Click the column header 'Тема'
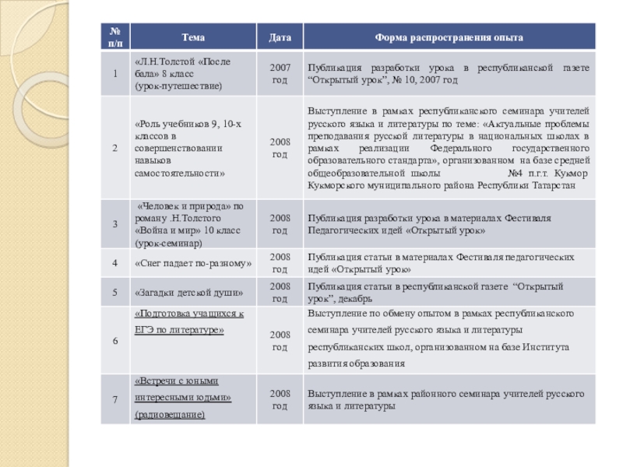pyautogui.click(x=194, y=37)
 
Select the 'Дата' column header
pyautogui.click(x=280, y=37)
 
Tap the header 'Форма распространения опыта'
pyautogui.click(x=449, y=37)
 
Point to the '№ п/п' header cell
pyautogui.click(x=115, y=37)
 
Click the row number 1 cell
pyautogui.click(x=115, y=73)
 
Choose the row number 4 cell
pyautogui.click(x=115, y=263)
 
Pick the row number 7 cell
pyautogui.click(x=115, y=399)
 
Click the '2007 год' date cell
pyautogui.click(x=280, y=73)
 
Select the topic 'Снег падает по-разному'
pyautogui.click(x=193, y=264)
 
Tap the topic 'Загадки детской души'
pyautogui.click(x=189, y=293)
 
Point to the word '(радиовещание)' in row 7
pyautogui.click(x=170, y=415)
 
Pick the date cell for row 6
pyautogui.click(x=280, y=339)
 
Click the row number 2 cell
pyautogui.click(x=115, y=147)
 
